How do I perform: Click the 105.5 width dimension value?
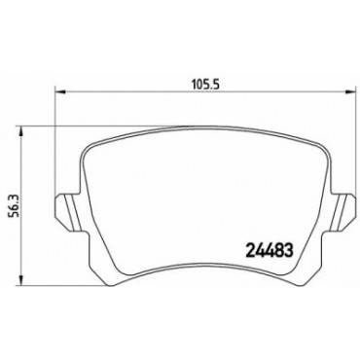206,85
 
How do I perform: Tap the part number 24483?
270,251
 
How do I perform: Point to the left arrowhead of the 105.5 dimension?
59,92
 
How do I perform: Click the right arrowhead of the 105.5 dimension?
349,92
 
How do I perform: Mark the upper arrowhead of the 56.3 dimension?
20,132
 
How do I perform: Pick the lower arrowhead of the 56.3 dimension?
20,281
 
